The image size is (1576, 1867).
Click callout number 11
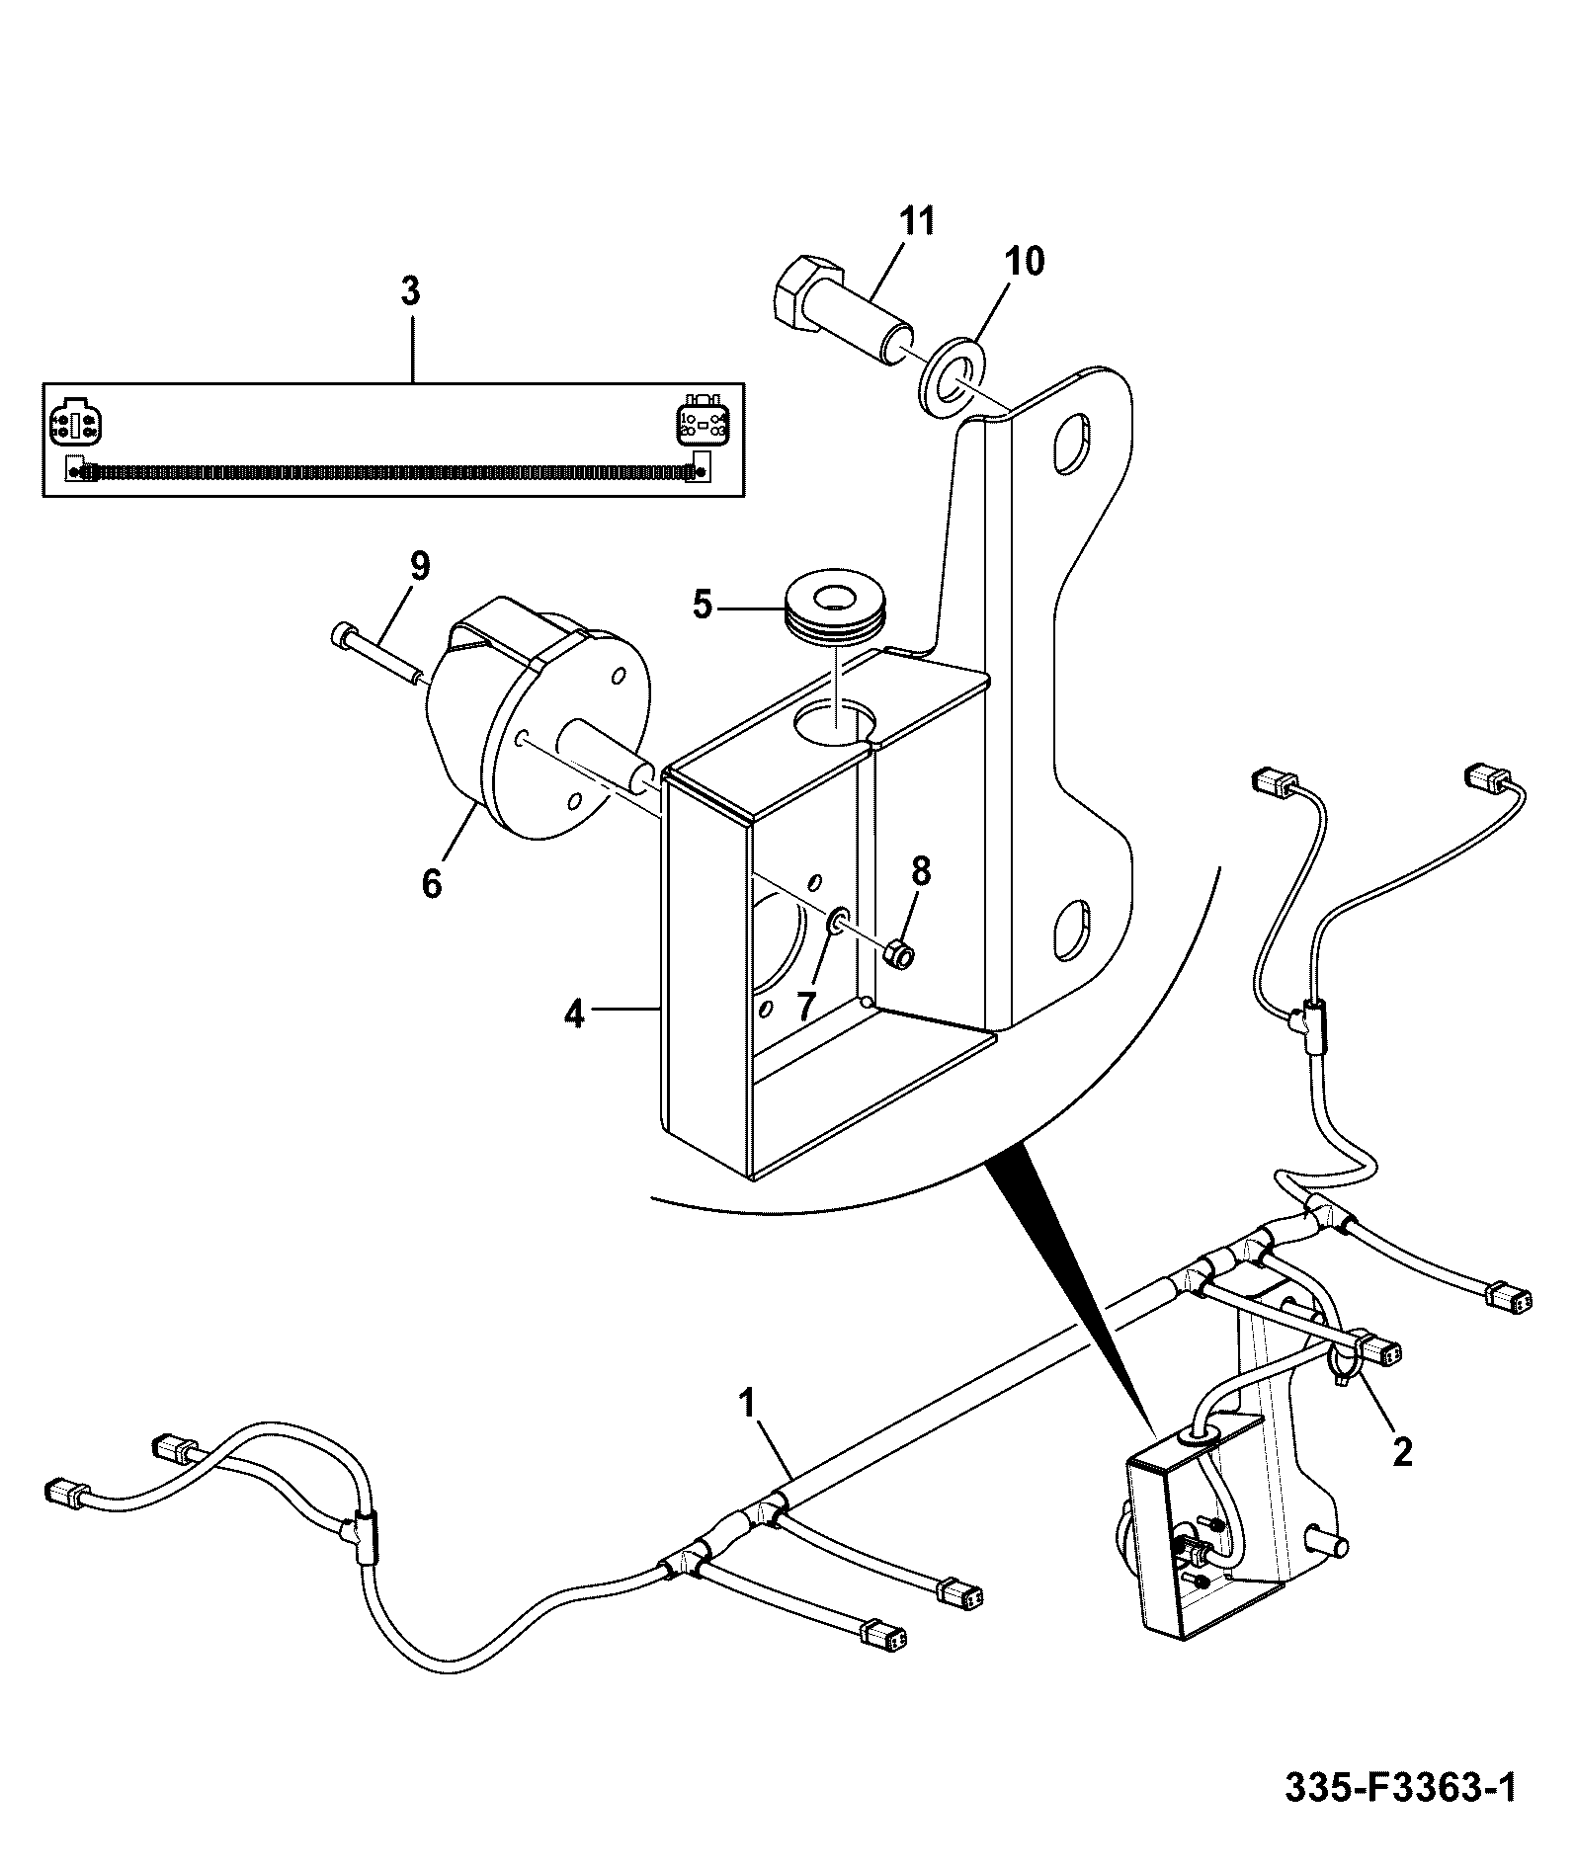tap(916, 220)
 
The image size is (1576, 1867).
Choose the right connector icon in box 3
tap(703, 422)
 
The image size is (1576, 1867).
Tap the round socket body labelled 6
tap(539, 731)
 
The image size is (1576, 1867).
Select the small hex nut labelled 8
tap(897, 954)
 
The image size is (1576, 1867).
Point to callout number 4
tap(574, 1014)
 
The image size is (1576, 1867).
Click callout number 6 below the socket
tap(432, 882)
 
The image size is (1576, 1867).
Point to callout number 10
tap(1024, 262)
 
